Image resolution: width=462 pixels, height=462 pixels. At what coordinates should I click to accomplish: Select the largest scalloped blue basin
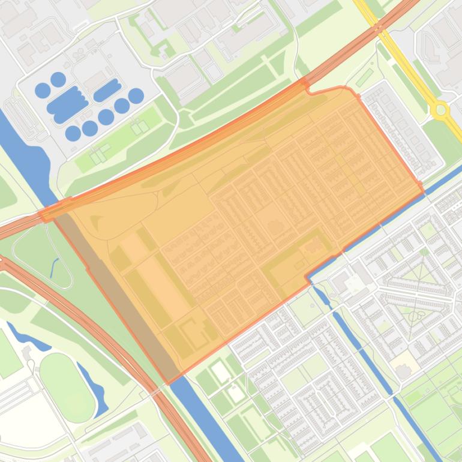[x=67, y=104]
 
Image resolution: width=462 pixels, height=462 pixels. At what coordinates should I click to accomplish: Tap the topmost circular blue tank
[x=58, y=79]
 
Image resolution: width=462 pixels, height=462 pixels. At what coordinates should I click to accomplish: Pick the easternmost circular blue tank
[x=136, y=95]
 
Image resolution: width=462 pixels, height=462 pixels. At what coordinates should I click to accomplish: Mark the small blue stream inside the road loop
[x=55, y=266]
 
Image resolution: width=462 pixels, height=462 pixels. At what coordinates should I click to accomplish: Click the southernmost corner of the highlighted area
[x=169, y=382]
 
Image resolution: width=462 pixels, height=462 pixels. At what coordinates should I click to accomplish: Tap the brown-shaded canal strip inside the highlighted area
[x=114, y=288]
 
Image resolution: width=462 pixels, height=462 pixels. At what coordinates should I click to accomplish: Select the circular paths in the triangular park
[x=414, y=314]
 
